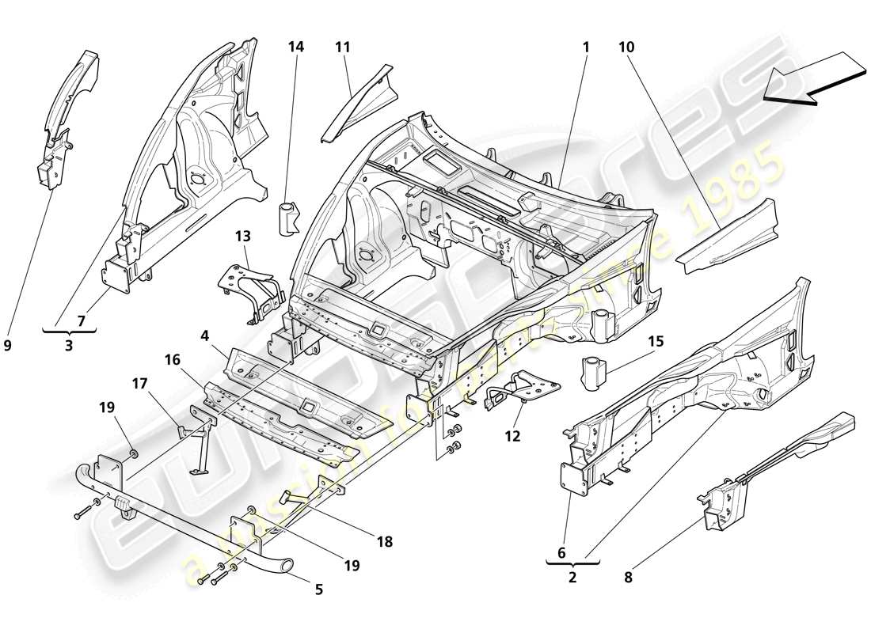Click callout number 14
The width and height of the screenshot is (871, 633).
pos(295,47)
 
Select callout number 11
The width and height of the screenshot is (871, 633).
pos(342,47)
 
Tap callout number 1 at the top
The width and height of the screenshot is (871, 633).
pos(586,47)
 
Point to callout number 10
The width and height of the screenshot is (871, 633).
pos(627,47)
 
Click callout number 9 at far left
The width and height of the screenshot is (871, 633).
pos(8,344)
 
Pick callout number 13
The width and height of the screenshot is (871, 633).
pos(242,235)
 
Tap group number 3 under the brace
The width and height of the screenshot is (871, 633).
pos(68,345)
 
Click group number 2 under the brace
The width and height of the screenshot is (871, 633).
pos(572,578)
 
